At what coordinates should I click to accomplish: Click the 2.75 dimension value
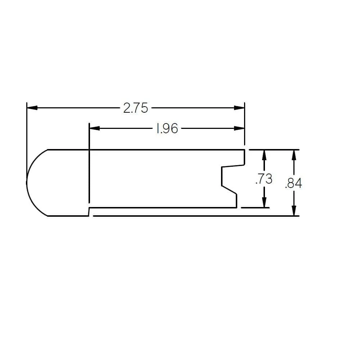tap(135, 108)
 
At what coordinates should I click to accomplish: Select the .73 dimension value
tap(264, 179)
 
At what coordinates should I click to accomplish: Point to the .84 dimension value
tap(293, 184)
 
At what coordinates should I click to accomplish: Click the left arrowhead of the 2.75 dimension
tap(32, 108)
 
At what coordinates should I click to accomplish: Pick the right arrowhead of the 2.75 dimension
tap(239, 108)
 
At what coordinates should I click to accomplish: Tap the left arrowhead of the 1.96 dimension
tap(94, 129)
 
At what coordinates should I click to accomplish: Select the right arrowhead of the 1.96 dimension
tap(239, 129)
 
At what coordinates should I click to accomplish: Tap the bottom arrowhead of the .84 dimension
tap(294, 211)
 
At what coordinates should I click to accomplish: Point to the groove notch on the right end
tap(227, 176)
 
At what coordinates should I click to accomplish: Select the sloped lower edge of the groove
tap(229, 190)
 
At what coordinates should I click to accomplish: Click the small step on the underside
tap(89, 212)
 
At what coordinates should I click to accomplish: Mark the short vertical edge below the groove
tap(237, 201)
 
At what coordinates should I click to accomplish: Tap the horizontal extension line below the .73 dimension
tap(255, 208)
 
